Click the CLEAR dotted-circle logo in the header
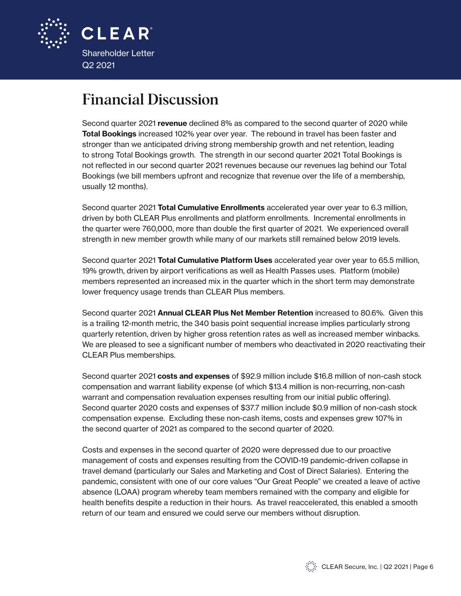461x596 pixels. pyautogui.click(x=53, y=33)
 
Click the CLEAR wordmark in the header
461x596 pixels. pyautogui.click(x=117, y=34)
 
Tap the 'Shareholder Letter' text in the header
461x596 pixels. pyautogui.click(x=118, y=53)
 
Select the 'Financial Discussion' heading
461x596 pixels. pyautogui.click(x=150, y=100)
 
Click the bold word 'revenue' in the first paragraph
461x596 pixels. pyautogui.click(x=172, y=123)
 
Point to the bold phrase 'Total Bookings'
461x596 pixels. pyautogui.click(x=109, y=134)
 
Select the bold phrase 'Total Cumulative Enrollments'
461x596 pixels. pyautogui.click(x=211, y=207)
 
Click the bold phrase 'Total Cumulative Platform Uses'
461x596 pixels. pyautogui.click(x=215, y=261)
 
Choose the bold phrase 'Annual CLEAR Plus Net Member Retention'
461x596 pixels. pyautogui.click(x=235, y=313)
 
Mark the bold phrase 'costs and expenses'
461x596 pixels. pyautogui.click(x=194, y=376)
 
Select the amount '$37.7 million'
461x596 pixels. pyautogui.click(x=263, y=408)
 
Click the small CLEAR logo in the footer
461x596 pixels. pyautogui.click(x=311, y=567)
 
